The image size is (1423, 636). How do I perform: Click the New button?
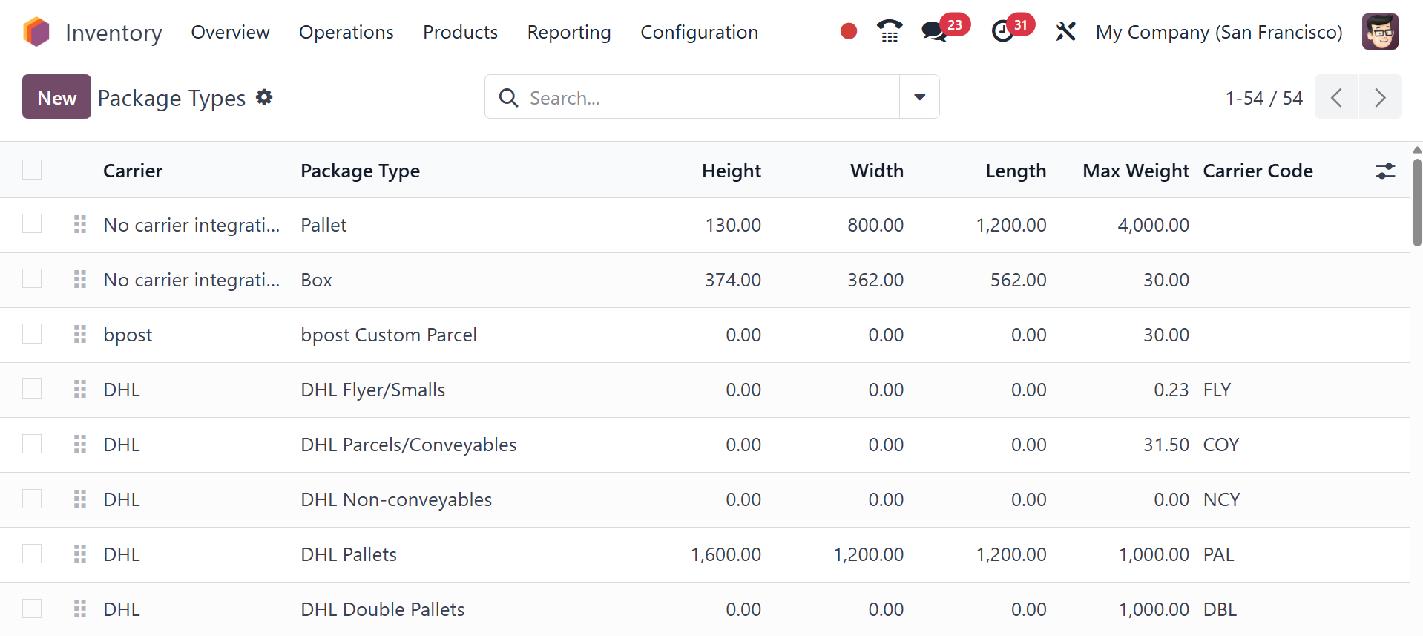56,97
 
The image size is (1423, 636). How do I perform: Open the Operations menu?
346,32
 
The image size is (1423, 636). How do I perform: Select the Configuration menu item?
699,32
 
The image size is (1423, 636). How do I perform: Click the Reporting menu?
569,32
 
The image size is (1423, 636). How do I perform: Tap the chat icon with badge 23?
934,31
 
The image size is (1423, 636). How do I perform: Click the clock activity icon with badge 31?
1002,31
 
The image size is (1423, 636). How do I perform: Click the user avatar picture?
1380,32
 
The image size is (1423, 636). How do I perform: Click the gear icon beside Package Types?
264,97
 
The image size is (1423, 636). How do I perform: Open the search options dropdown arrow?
919,97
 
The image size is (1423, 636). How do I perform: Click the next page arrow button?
1380,97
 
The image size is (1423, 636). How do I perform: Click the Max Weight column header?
1135,171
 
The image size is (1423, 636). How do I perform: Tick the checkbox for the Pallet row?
32,223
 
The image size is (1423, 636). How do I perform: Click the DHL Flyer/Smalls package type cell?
372,390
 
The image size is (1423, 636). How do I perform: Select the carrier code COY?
1220,445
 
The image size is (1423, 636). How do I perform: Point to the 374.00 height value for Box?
732,280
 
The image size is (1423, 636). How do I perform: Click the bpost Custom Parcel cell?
388,335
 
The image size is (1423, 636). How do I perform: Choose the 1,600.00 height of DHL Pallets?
726,554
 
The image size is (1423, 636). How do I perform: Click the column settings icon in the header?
1384,171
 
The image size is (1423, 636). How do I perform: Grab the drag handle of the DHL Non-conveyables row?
80,499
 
